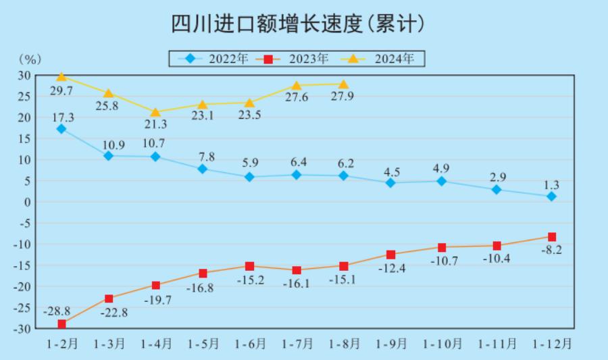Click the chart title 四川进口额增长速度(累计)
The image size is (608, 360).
[298, 24]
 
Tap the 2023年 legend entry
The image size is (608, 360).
[296, 59]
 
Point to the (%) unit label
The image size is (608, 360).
[30, 60]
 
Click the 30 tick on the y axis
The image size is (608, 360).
[24, 75]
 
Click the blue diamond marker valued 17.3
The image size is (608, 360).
[61, 129]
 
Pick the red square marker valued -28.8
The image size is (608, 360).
[61, 324]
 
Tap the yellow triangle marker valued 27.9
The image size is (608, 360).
[343, 84]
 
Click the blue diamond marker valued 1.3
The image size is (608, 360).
[551, 197]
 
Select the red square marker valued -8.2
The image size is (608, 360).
[551, 237]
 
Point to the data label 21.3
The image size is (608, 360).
[155, 125]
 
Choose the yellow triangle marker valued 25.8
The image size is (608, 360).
[108, 93]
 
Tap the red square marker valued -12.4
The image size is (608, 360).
[390, 255]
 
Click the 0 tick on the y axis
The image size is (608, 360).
[27, 202]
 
